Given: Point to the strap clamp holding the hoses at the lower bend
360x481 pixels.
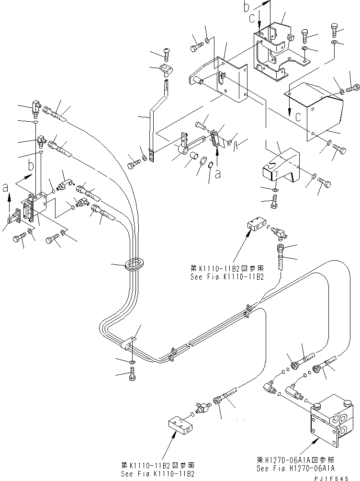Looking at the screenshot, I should click(x=129, y=344).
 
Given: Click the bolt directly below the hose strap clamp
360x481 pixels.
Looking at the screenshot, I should click(x=132, y=378).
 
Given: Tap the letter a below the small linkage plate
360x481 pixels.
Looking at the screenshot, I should click(x=218, y=175).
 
